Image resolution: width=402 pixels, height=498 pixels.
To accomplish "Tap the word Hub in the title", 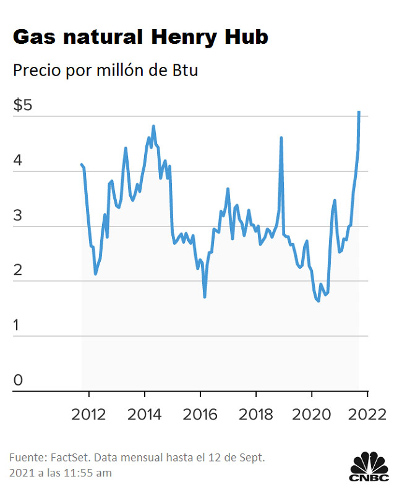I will coord(246,37).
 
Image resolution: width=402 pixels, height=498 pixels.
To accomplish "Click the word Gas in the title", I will coord(33,37).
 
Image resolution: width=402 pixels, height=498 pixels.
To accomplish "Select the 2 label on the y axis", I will coord(18,270).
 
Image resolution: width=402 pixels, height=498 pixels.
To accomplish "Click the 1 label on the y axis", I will coord(18,325).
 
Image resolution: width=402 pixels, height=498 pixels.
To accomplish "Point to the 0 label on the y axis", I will coord(18,380).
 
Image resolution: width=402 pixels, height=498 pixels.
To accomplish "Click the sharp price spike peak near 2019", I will coord(281,138).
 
